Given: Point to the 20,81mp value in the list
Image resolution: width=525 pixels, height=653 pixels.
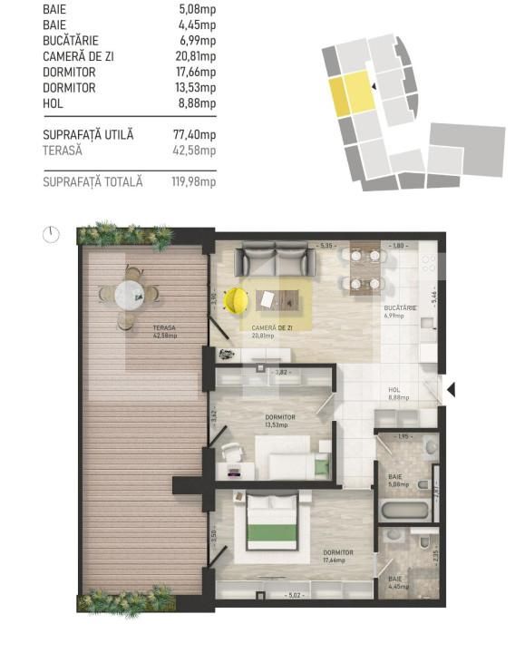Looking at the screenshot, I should [x=197, y=56].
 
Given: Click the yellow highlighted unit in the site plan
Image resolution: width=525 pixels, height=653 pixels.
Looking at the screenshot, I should [x=350, y=93].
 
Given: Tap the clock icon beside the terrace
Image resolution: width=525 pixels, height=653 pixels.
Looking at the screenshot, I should [x=51, y=234].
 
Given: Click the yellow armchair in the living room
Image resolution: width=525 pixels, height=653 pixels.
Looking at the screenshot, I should [x=236, y=298].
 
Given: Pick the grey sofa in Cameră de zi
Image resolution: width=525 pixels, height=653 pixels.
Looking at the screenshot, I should [x=275, y=262].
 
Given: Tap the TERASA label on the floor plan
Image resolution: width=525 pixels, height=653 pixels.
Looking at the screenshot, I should [x=139, y=328].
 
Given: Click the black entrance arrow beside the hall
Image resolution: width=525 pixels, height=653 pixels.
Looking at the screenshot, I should [x=451, y=390].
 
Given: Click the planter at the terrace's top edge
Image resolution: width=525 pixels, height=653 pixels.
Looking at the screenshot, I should [x=125, y=235].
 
